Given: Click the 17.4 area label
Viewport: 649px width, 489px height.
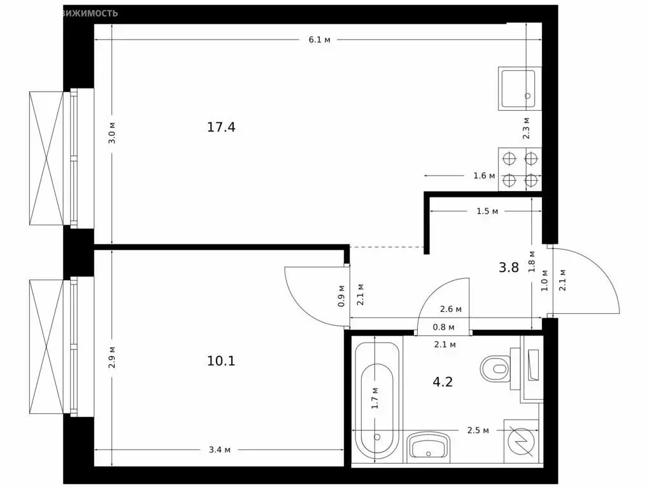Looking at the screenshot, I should [221, 127].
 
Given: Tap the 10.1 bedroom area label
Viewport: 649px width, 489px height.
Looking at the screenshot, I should [221, 361].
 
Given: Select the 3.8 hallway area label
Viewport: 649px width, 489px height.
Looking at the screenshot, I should [508, 267].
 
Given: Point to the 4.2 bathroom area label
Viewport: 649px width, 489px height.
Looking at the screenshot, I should [443, 382].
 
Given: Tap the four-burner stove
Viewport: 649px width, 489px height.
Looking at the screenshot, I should [520, 169].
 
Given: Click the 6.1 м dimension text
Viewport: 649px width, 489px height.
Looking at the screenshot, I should [320, 39].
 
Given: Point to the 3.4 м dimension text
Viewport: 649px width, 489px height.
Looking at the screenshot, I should [220, 450].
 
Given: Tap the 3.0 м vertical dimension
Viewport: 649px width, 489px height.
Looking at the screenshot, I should [112, 133].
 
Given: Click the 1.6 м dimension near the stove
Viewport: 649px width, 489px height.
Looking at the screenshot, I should [484, 176].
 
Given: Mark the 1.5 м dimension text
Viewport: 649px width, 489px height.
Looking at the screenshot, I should [487, 211].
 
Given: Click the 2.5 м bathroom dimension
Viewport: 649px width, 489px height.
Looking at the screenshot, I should [477, 430].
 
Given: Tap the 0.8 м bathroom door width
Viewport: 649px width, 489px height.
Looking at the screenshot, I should [443, 328].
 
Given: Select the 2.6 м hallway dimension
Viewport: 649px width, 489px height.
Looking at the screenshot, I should [451, 310].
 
